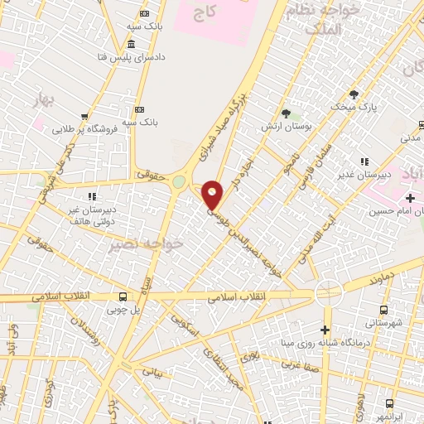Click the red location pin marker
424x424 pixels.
[212, 195]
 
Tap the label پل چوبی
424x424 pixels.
[123, 311]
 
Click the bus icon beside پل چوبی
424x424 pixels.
[123, 297]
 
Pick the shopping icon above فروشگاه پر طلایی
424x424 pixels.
[84, 117]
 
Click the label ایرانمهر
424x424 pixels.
[390, 417]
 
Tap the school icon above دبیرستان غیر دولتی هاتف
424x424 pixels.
[92, 196]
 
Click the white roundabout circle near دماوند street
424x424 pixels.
[328, 292]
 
